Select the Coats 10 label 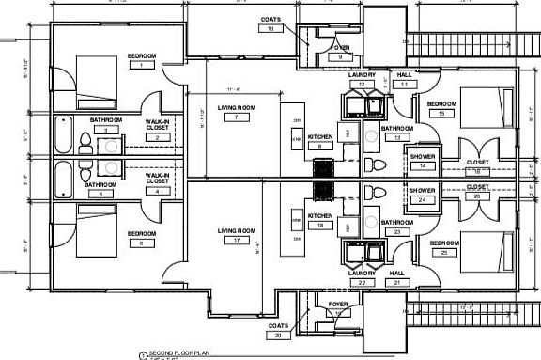(270, 19)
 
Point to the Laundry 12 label (362, 75)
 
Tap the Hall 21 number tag (397, 281)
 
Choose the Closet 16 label (477, 160)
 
